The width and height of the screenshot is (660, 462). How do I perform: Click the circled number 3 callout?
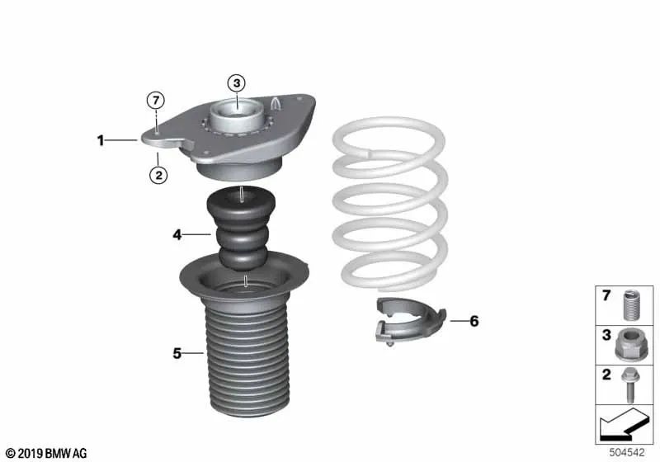[237, 82]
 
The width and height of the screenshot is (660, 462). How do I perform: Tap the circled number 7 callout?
[156, 101]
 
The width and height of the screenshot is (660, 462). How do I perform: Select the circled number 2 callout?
[158, 175]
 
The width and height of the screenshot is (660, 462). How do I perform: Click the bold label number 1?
[101, 140]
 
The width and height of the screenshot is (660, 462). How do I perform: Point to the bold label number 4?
[177, 234]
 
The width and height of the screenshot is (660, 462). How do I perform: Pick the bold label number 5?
[177, 353]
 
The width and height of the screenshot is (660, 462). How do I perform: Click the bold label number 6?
[474, 321]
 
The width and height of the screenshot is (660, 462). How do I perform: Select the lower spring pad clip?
[410, 320]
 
